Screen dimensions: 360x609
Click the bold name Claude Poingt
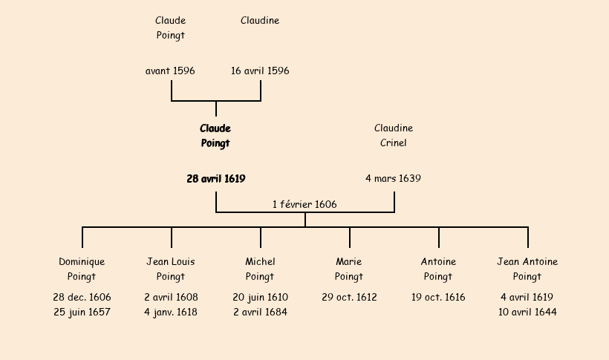tap(215, 136)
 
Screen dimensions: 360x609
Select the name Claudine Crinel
tap(394, 136)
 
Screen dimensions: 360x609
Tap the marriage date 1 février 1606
tap(304, 204)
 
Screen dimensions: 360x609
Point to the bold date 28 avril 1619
tap(216, 179)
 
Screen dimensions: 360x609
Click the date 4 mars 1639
tap(394, 179)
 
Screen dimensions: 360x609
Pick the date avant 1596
tap(171, 71)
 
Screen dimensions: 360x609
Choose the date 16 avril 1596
tap(260, 71)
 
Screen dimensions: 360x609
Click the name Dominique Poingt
tap(82, 269)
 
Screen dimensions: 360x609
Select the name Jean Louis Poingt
tap(171, 269)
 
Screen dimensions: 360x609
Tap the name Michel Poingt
tap(260, 269)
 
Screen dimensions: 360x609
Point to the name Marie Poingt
tap(349, 269)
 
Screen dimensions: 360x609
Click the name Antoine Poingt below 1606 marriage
tap(438, 269)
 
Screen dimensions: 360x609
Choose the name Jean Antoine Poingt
tap(527, 269)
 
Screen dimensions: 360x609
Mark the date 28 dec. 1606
tap(82, 298)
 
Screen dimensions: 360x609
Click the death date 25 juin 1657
tap(82, 312)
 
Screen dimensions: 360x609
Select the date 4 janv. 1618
tap(171, 312)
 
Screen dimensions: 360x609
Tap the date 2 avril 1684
tap(260, 312)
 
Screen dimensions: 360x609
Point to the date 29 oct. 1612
tap(349, 298)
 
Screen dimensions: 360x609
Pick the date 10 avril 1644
tap(527, 312)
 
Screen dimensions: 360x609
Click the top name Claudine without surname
tap(260, 21)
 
